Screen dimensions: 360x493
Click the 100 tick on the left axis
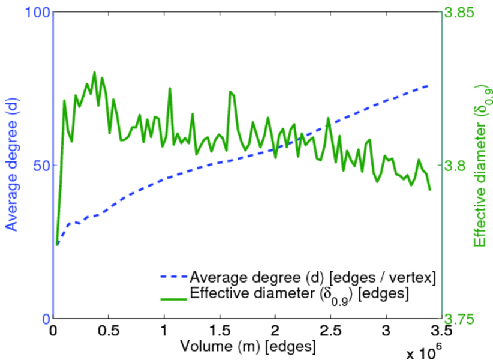point(35,12)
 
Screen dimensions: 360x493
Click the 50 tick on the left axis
point(39,165)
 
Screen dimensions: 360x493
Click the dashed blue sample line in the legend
point(173,277)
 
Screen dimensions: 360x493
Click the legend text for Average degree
point(312,277)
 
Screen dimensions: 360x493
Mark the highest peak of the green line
point(94,73)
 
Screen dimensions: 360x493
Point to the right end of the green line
point(430,190)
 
